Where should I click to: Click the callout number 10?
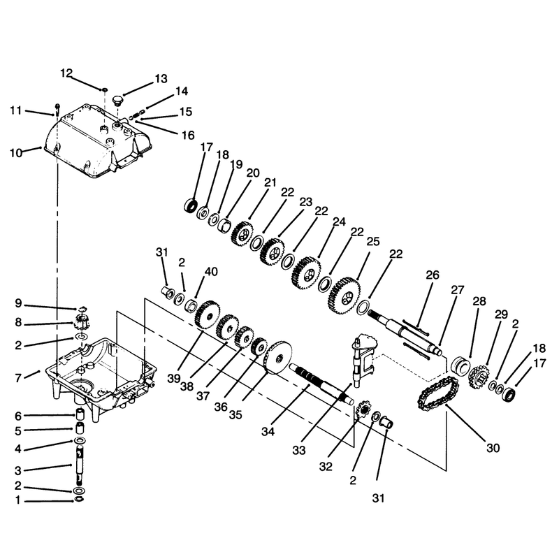(15, 153)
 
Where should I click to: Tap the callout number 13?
(161, 79)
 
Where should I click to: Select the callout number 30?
(493, 448)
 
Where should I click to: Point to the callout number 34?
(268, 432)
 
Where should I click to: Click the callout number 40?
(211, 272)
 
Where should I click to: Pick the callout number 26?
(433, 275)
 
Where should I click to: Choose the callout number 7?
(18, 378)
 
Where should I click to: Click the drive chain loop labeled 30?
(438, 394)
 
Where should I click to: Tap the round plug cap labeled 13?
(117, 99)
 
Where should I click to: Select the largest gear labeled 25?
(344, 296)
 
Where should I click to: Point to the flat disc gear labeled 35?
(277, 358)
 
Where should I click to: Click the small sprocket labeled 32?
(363, 412)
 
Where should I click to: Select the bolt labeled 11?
(57, 110)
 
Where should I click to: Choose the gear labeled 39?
(207, 314)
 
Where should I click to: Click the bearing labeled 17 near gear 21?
(191, 206)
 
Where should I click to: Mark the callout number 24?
(339, 222)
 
